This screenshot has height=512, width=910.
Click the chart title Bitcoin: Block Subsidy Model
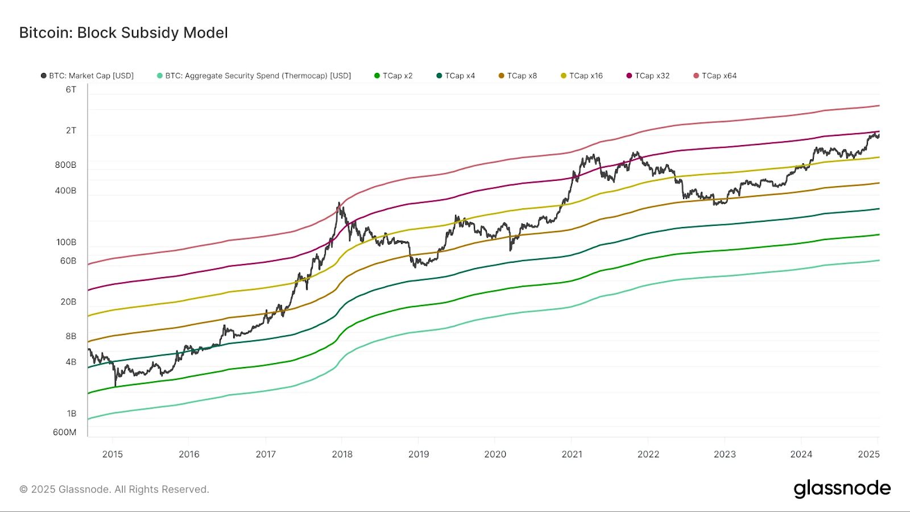[x=123, y=33]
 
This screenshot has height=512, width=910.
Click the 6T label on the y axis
[x=71, y=90]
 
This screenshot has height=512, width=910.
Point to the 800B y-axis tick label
[x=65, y=165]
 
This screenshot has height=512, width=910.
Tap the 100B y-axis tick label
[x=66, y=242]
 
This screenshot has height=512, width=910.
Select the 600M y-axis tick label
[x=64, y=432]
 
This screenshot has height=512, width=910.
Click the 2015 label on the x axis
[x=113, y=454]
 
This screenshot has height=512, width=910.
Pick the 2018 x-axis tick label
[x=342, y=454]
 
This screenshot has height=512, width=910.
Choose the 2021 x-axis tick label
[x=572, y=454]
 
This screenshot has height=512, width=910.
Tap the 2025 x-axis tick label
[x=868, y=454]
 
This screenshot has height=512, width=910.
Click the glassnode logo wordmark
[x=842, y=489]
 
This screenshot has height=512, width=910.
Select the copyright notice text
[x=114, y=489]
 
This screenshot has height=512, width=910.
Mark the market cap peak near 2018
[x=339, y=203]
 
